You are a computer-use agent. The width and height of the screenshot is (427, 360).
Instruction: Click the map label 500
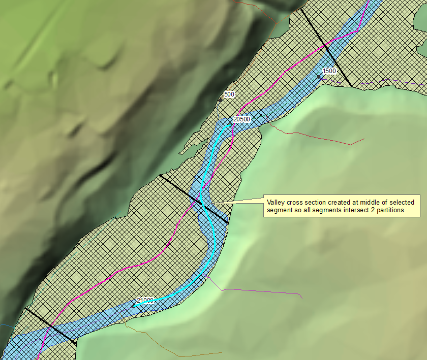pyautogui.click(x=229, y=94)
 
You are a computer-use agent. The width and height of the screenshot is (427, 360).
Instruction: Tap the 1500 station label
pyautogui.click(x=329, y=71)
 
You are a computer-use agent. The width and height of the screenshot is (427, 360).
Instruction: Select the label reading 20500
pyautogui.click(x=241, y=119)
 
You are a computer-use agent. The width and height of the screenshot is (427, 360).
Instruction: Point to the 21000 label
pyautogui.click(x=145, y=300)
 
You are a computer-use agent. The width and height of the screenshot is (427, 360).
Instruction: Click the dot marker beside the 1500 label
pyautogui.click(x=319, y=77)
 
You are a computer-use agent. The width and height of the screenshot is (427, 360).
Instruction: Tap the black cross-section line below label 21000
pyautogui.click(x=51, y=325)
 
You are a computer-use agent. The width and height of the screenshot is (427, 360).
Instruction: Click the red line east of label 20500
pyautogui.click(x=315, y=136)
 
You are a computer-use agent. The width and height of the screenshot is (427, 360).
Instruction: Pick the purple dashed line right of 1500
pyautogui.click(x=386, y=80)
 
